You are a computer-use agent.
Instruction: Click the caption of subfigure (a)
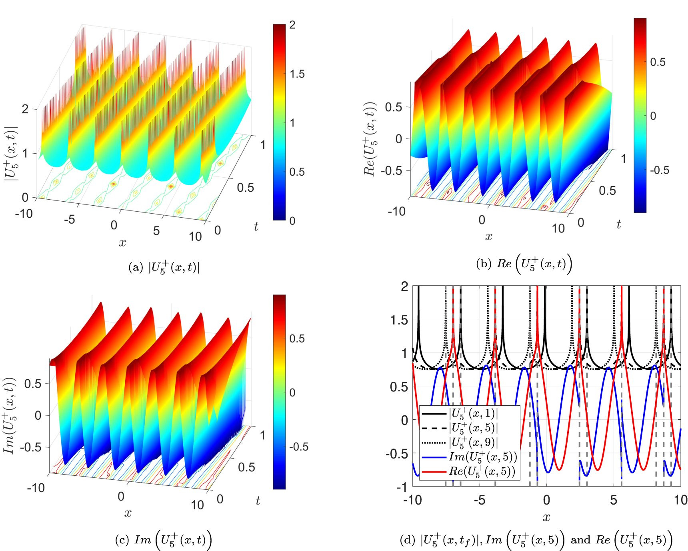[x=164, y=267]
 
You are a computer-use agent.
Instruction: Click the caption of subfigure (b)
[x=524, y=264]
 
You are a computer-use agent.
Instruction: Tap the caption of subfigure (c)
[x=163, y=540]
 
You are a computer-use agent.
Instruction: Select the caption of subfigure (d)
[x=536, y=540]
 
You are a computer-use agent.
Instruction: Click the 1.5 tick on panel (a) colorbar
[x=297, y=74]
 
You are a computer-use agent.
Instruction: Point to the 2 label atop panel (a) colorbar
[x=292, y=25]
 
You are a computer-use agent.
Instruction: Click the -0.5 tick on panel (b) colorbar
[x=660, y=170]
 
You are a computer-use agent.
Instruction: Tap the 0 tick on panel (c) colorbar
[x=292, y=393]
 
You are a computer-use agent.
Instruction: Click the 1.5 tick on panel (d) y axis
[x=399, y=320]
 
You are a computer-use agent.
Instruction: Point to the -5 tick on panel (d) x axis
[x=479, y=500]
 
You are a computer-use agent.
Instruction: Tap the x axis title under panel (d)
[x=546, y=517]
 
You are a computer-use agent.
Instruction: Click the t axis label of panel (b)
[x=618, y=224]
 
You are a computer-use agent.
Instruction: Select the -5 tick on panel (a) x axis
[x=70, y=219]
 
